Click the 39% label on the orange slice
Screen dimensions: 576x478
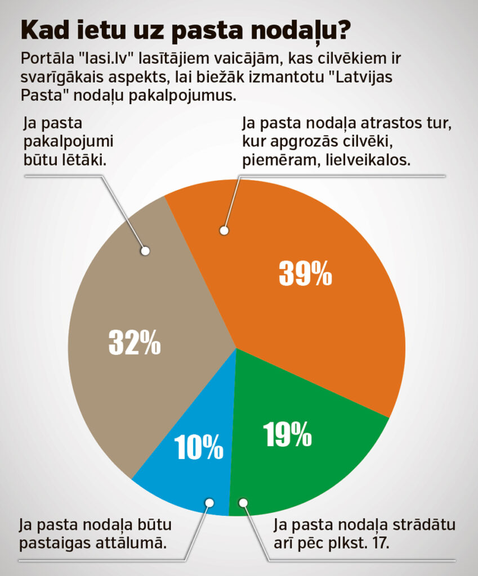(306, 274)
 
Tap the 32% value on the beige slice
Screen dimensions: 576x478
(134, 343)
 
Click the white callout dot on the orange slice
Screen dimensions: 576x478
(224, 230)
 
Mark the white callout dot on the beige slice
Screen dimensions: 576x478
(145, 251)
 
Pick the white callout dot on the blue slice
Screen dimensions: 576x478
(210, 502)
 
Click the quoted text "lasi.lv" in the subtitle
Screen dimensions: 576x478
(111, 60)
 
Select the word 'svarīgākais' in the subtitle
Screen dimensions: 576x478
(62, 78)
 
